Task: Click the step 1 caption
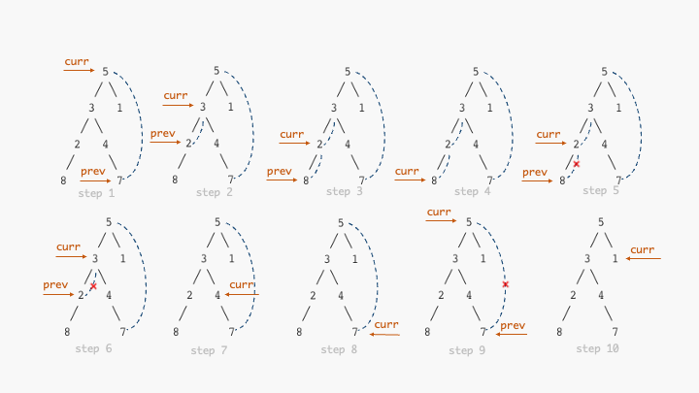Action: [x=96, y=193]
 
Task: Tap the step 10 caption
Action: [x=597, y=348]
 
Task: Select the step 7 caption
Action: [x=209, y=349]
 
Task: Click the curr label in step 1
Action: [x=77, y=61]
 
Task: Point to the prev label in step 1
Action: [x=93, y=171]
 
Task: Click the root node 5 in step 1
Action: [x=105, y=72]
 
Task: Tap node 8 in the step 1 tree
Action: [x=63, y=180]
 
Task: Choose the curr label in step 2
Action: [x=176, y=95]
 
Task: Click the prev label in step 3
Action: [x=279, y=171]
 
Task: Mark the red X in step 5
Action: [x=577, y=165]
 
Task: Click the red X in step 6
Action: [x=93, y=286]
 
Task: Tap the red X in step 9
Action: [x=505, y=284]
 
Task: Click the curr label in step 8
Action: [x=386, y=324]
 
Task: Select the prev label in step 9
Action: [x=513, y=325]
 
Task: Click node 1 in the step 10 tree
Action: [x=616, y=259]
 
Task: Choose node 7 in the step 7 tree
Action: [x=230, y=332]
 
